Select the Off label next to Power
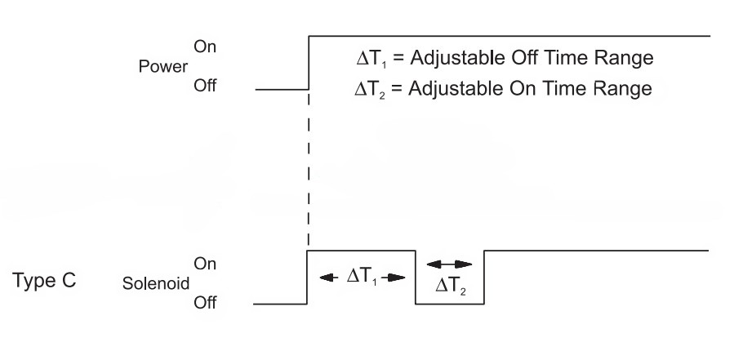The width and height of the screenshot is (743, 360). [x=204, y=87]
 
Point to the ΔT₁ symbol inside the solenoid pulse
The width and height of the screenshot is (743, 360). [x=362, y=277]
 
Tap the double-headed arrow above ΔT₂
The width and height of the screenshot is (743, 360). [x=450, y=264]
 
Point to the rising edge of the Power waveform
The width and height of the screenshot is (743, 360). [x=308, y=62]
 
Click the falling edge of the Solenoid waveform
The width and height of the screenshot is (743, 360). [x=416, y=278]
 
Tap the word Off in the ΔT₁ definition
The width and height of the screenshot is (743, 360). [x=517, y=60]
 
